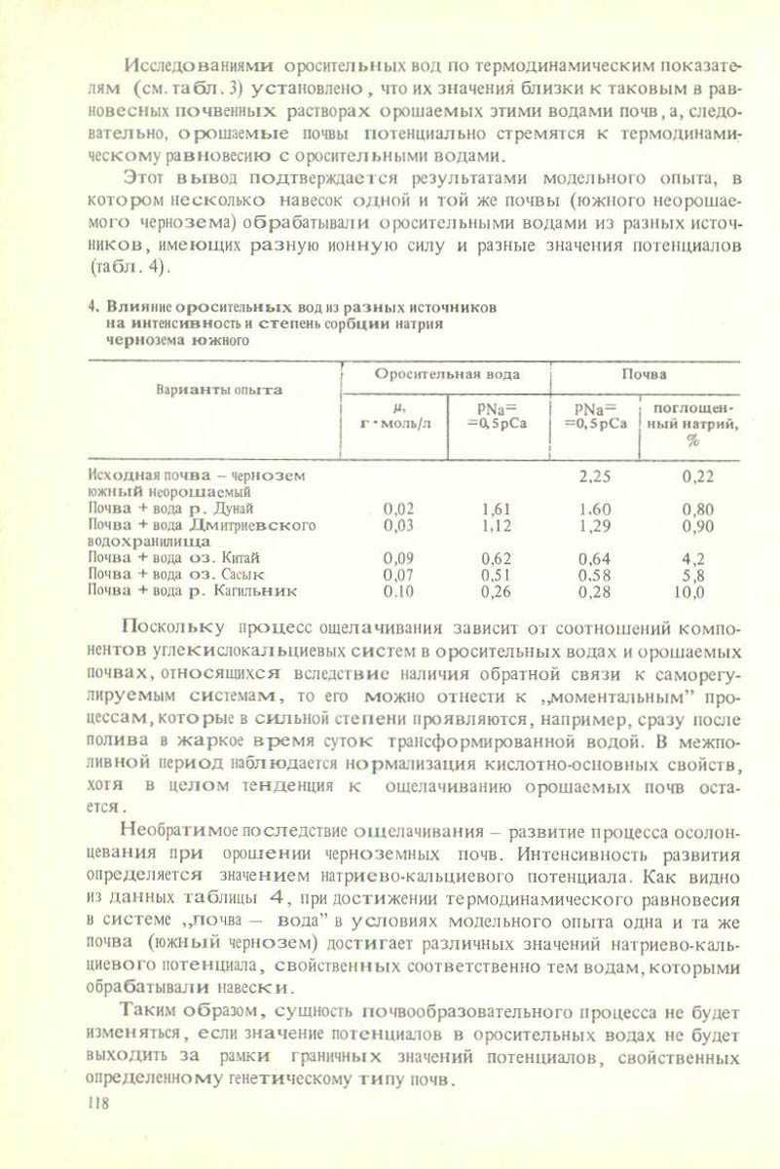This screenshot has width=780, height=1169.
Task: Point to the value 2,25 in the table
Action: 594,476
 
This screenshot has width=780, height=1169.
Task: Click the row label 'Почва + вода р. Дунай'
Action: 171,509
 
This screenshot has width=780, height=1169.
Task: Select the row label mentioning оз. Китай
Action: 173,558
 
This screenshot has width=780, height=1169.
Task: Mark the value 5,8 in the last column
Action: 692,575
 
